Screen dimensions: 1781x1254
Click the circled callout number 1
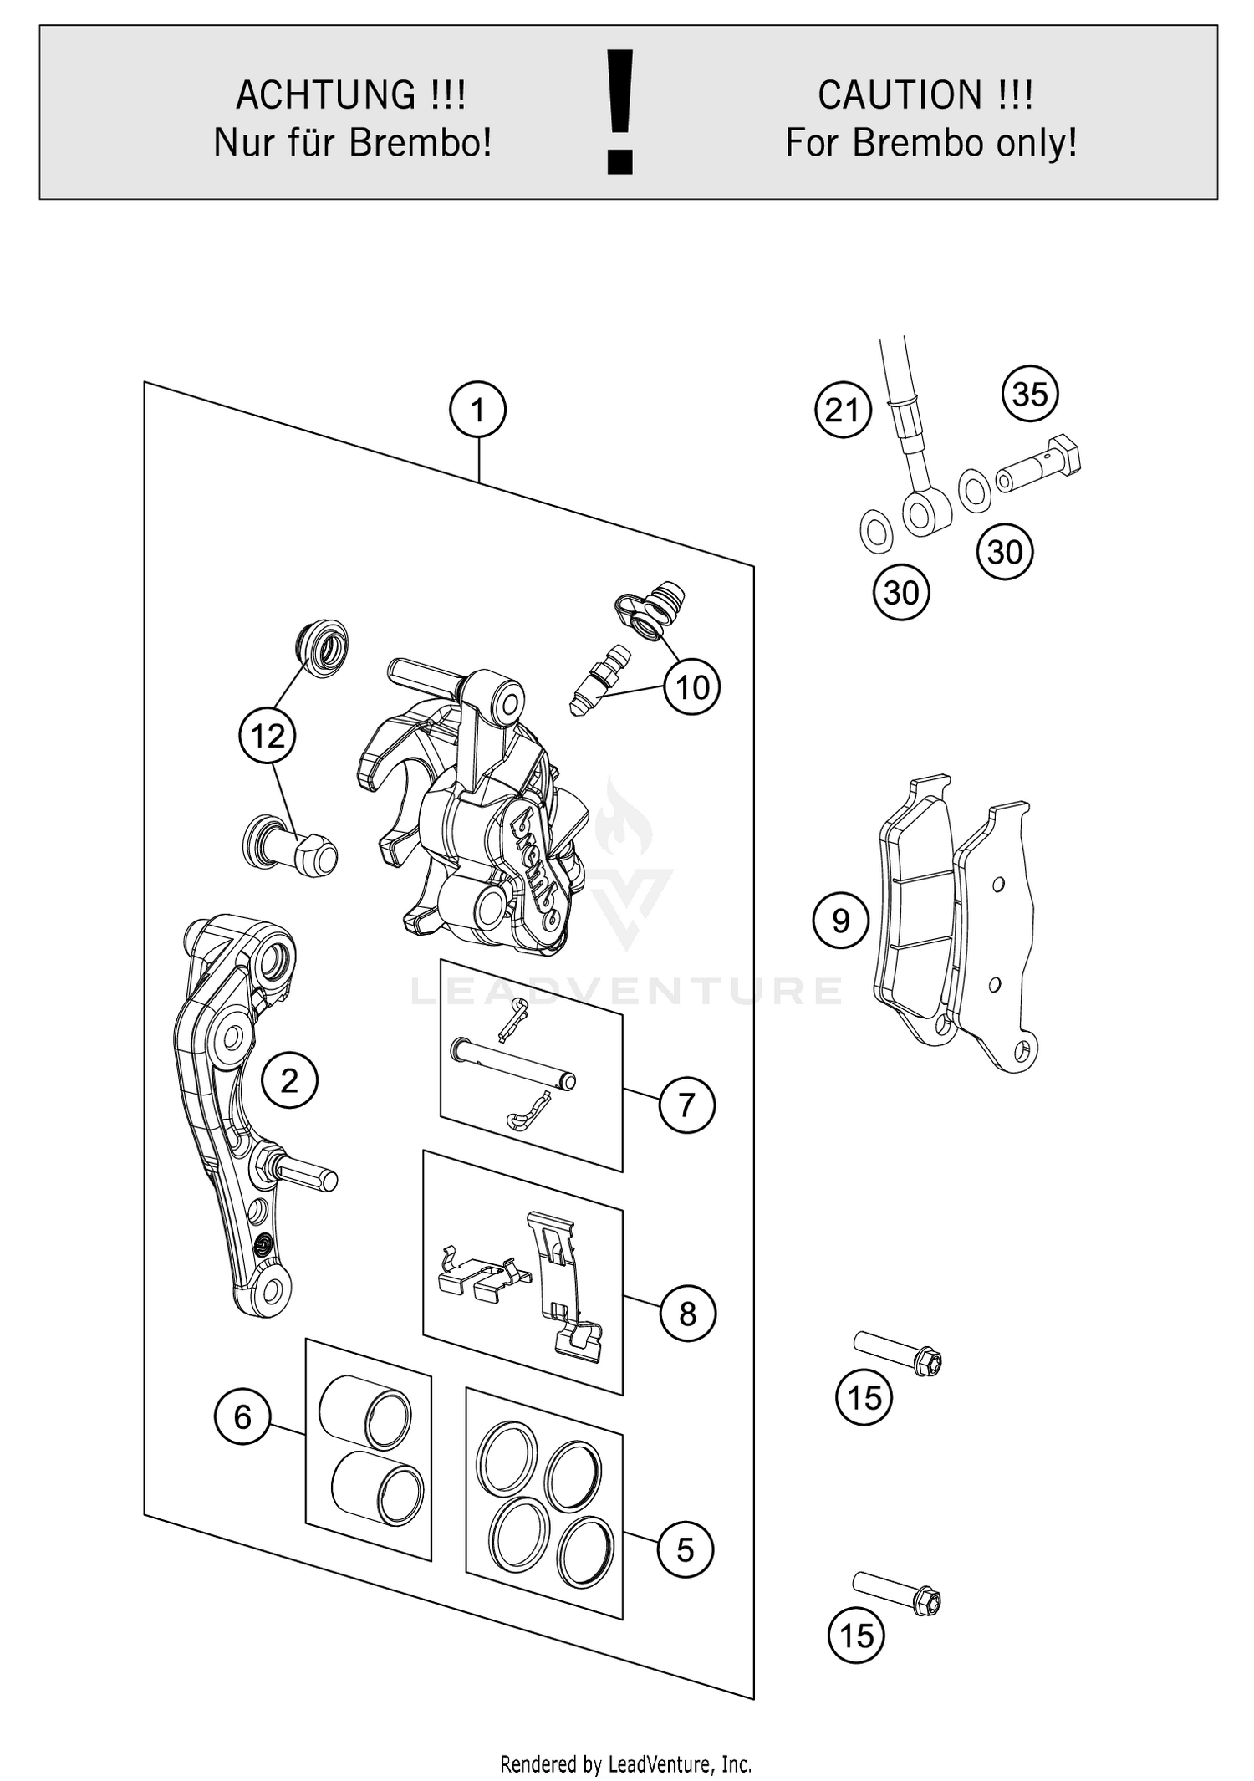click(477, 410)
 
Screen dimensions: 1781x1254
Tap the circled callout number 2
click(289, 1080)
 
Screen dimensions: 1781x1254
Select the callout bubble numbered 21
click(843, 411)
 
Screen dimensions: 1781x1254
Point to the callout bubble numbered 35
click(1030, 394)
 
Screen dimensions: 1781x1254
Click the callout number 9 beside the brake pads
click(841, 921)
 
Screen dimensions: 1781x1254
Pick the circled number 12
click(268, 737)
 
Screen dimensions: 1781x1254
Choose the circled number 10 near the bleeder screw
click(692, 687)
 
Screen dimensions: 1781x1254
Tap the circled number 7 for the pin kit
click(687, 1105)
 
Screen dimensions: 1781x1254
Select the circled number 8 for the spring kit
click(687, 1314)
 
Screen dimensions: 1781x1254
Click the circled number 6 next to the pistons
click(242, 1416)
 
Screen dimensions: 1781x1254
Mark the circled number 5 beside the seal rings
click(686, 1549)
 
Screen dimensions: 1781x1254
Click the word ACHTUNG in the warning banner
click(326, 94)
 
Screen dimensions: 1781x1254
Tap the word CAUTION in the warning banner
click(900, 94)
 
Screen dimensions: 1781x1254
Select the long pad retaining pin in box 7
click(512, 1063)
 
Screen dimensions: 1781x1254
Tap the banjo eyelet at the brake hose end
click(926, 512)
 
